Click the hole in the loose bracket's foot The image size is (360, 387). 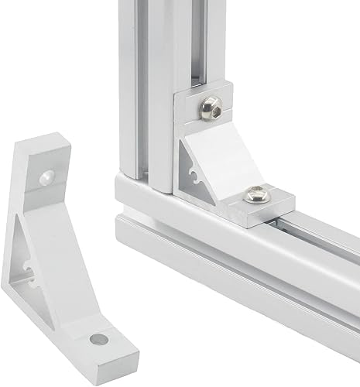[x=98, y=339]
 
